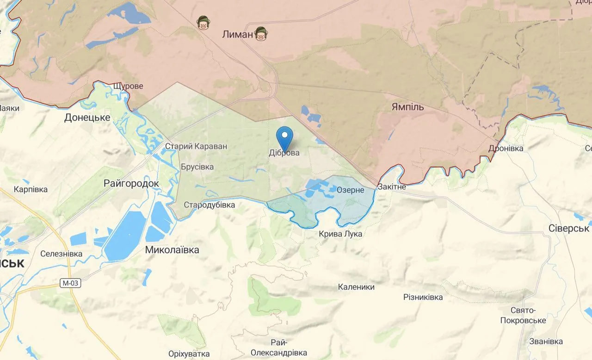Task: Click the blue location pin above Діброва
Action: tap(284, 137)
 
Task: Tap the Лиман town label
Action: tap(238, 34)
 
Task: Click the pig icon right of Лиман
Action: tap(262, 34)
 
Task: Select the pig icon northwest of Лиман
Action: tap(202, 22)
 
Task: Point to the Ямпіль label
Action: tap(407, 107)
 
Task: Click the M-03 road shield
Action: tap(70, 283)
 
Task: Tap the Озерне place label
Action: tap(350, 190)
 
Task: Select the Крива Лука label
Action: tap(340, 234)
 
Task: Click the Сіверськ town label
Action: tap(568, 229)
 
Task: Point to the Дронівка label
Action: tap(506, 149)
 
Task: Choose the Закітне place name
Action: tap(392, 187)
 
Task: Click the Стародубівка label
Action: tap(210, 205)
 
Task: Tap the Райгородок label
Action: tap(131, 184)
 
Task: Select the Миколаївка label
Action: tap(172, 250)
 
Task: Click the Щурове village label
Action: tap(128, 86)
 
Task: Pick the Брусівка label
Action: tap(197, 167)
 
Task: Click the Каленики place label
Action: tap(356, 287)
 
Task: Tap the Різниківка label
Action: tap(423, 297)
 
